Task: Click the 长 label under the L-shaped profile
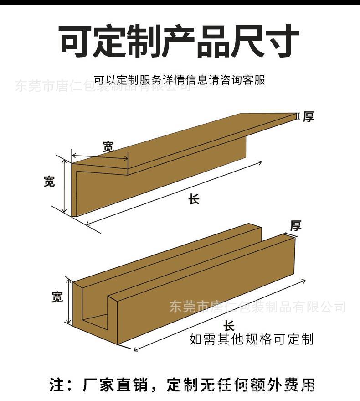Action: tap(194, 199)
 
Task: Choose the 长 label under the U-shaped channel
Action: tap(229, 326)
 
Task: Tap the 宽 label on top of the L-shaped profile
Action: tap(108, 147)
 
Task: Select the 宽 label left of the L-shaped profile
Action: tap(49, 181)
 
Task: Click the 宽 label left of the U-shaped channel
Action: tap(57, 297)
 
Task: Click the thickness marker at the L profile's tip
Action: tap(298, 116)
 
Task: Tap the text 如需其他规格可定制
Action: tap(252, 339)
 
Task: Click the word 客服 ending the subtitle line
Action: tap(255, 80)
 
